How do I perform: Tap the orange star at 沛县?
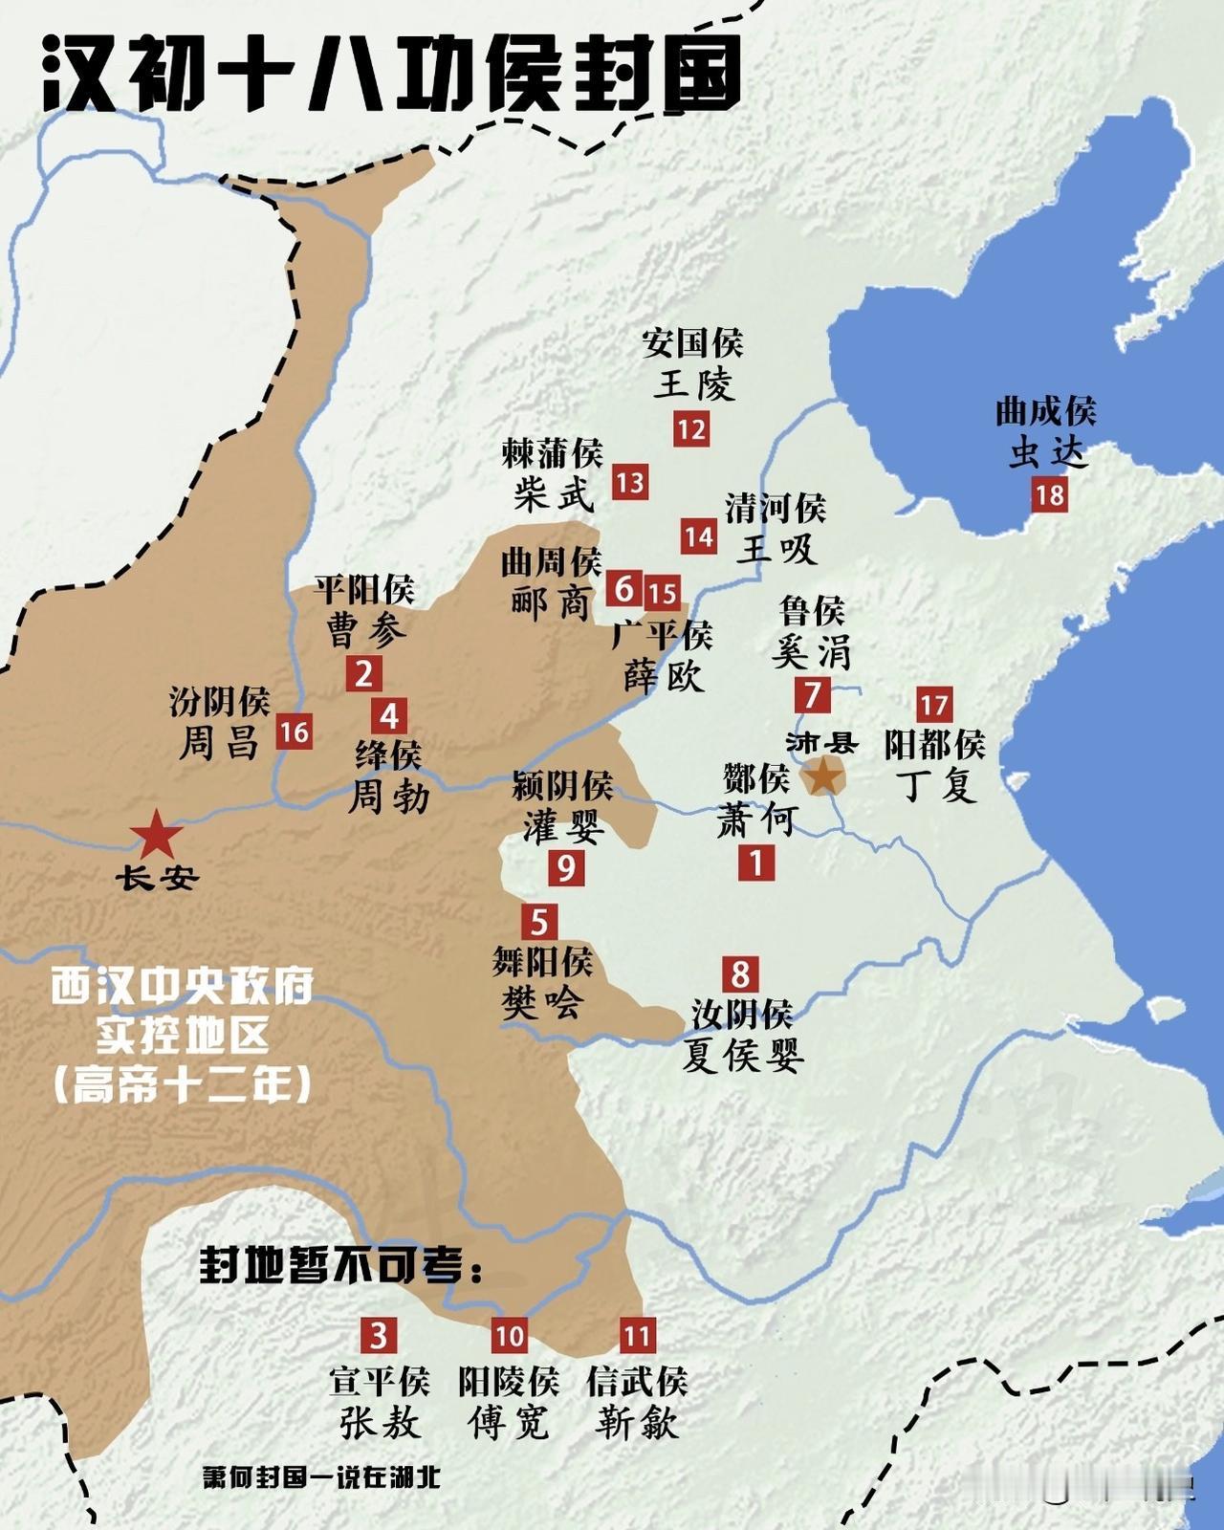pos(823,776)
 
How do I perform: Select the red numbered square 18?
pos(1049,495)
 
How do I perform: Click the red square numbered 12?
pos(690,429)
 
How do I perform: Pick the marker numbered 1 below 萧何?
pos(755,863)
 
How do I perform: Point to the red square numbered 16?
pos(294,732)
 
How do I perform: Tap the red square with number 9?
pos(565,868)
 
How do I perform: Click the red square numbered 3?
pos(379,1334)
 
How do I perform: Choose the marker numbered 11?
pos(637,1335)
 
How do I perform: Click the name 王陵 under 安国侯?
pos(694,386)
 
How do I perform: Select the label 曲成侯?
pos(1045,412)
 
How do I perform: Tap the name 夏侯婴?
pos(743,1055)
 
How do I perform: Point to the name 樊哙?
pos(542,1003)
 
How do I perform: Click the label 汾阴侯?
pos(220,701)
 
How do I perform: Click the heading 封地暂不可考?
pos(341,1266)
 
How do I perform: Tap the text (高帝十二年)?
pos(182,1085)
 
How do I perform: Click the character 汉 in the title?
pos(84,75)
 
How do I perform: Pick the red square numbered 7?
pos(812,693)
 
